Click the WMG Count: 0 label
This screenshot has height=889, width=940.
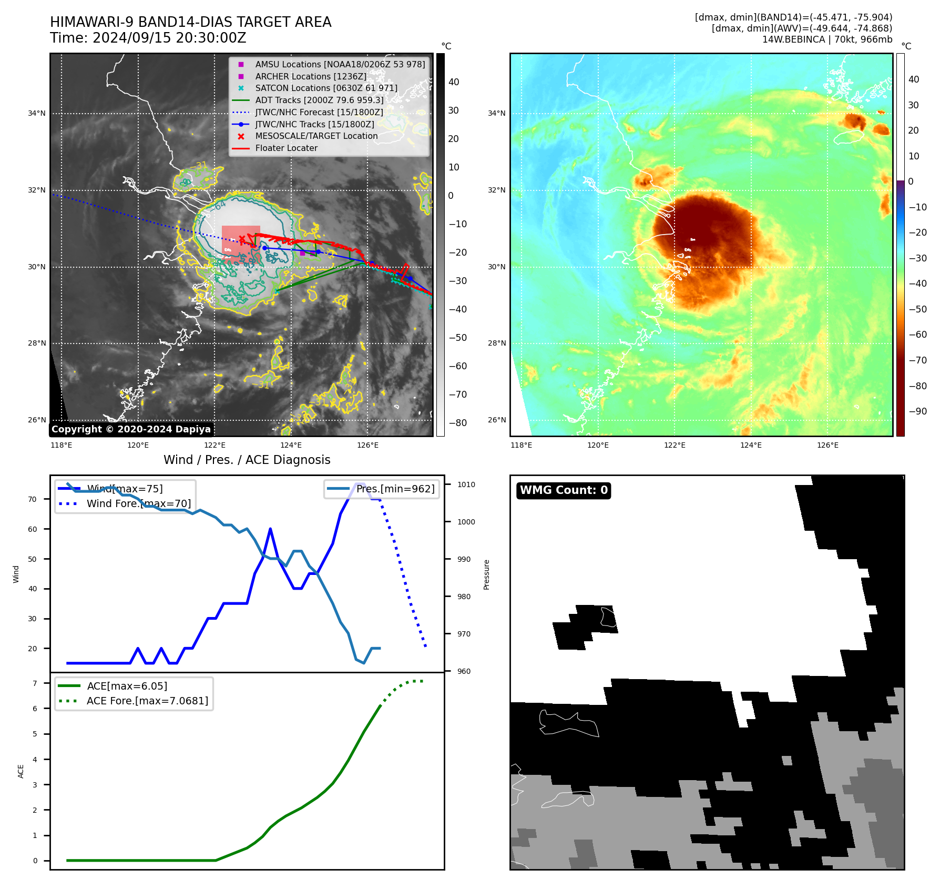(x=563, y=490)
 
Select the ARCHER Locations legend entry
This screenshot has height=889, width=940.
(x=311, y=76)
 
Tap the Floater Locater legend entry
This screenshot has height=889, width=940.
(x=286, y=148)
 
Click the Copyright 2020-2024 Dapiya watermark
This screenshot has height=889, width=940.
(x=131, y=429)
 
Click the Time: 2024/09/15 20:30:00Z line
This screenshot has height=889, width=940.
(x=148, y=38)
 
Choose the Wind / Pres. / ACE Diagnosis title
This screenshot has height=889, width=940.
(x=247, y=460)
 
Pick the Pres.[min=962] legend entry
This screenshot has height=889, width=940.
(x=395, y=489)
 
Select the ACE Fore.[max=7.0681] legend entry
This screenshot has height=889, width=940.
(x=147, y=701)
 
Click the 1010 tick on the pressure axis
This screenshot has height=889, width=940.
(x=466, y=484)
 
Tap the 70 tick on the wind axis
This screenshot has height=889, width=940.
(x=33, y=499)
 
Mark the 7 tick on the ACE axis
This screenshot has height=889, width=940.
(x=35, y=683)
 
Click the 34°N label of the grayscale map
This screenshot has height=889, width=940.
(x=37, y=113)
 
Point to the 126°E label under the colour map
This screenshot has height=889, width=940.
(x=827, y=445)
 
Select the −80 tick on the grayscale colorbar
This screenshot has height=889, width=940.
(x=457, y=423)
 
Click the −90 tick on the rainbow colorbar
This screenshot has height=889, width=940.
(x=917, y=411)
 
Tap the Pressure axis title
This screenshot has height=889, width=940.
(x=486, y=574)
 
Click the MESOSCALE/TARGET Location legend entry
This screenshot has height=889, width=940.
(x=316, y=136)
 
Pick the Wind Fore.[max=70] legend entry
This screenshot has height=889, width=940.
(x=138, y=503)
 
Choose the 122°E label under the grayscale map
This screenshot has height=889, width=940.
(x=214, y=445)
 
